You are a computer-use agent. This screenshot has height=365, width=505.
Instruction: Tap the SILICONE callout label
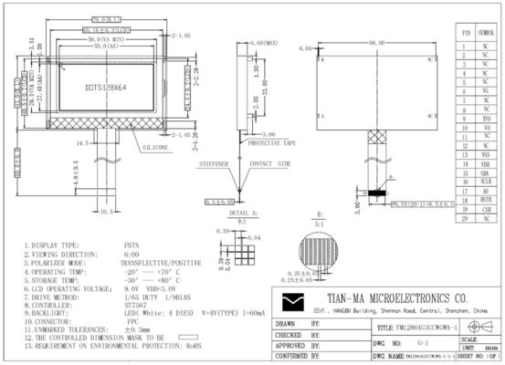[154, 146]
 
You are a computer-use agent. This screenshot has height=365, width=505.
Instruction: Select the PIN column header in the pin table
[465, 31]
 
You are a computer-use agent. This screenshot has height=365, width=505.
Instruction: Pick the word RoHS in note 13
[193, 348]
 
